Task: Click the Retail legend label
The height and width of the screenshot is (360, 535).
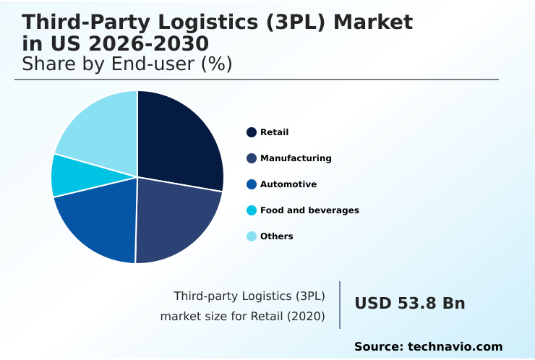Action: (274, 132)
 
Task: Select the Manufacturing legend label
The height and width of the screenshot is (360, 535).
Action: (296, 158)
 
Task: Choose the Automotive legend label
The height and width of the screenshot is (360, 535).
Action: (288, 184)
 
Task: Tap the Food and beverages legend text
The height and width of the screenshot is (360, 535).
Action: (309, 210)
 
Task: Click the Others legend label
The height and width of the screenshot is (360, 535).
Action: (276, 236)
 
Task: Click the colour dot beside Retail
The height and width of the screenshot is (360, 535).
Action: (252, 132)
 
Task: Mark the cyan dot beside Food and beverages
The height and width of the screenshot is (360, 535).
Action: (252, 210)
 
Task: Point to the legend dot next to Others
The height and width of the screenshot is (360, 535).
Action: (252, 236)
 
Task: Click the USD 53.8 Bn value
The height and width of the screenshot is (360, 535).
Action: (409, 304)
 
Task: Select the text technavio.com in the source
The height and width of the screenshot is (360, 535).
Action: (455, 347)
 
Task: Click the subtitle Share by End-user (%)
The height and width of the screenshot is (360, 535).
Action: (127, 64)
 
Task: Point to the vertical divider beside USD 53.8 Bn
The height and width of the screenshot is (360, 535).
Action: (340, 305)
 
